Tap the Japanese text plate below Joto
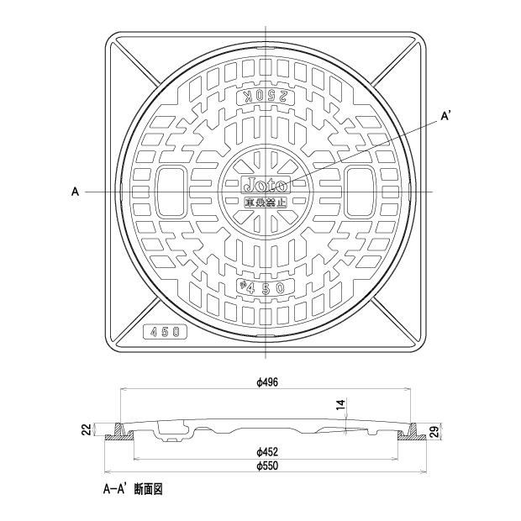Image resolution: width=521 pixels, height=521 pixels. (x=266, y=202)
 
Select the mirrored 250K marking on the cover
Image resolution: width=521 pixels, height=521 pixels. (x=265, y=97)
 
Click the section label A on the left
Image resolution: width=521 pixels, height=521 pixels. (x=75, y=192)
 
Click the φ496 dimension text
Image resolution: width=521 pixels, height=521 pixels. (x=267, y=382)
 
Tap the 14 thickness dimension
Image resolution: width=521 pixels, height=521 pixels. (x=339, y=405)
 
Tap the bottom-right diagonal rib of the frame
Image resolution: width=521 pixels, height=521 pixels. (x=393, y=320)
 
